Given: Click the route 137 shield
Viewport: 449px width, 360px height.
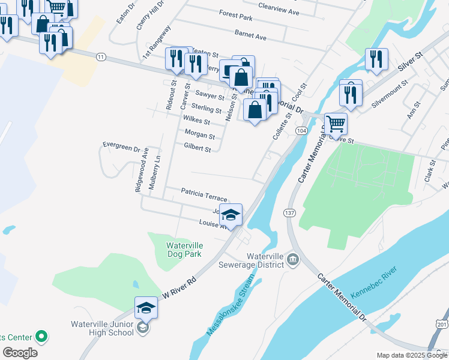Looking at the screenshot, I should (290, 213).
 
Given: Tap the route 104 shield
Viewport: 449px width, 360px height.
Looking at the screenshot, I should (301, 130).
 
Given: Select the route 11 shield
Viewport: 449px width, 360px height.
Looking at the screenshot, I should (101, 56).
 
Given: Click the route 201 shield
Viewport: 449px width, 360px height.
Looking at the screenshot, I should (442, 324).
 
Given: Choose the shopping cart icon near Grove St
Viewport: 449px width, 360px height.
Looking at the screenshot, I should (336, 123).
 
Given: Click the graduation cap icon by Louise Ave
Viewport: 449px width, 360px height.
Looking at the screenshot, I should (231, 214).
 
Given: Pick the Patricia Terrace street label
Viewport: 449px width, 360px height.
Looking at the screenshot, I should (204, 194).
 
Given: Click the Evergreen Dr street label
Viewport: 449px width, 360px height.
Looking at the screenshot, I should (121, 145).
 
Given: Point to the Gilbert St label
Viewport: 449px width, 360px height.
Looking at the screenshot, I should (197, 148).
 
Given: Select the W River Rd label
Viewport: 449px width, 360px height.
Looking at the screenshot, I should (181, 289).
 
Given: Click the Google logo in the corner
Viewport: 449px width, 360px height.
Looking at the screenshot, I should (20, 353).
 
